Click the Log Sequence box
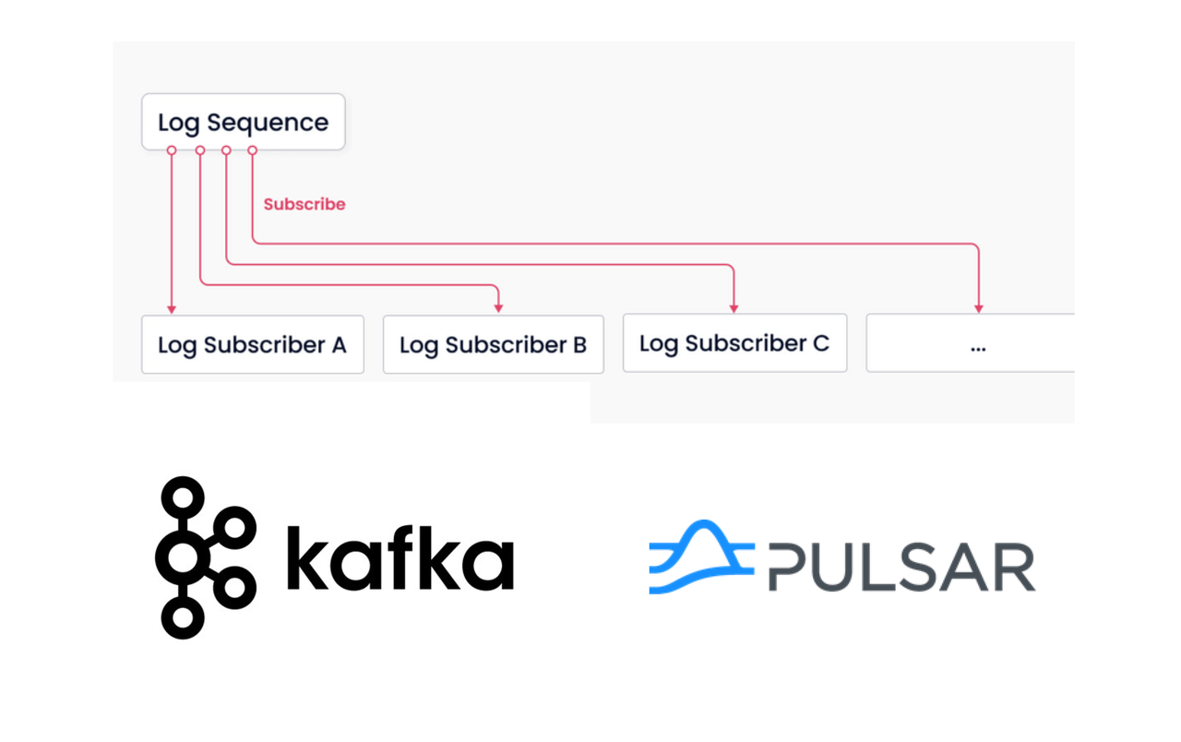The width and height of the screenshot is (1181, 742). [x=243, y=122]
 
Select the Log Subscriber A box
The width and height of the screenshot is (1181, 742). [x=253, y=344]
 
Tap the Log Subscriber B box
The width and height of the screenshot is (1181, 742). [x=494, y=344]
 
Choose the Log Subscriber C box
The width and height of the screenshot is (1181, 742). [x=735, y=342]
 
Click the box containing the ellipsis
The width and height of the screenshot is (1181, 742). [x=970, y=342]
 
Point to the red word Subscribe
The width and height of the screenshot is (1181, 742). [x=304, y=204]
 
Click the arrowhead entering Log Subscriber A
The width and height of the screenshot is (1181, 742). [x=172, y=309]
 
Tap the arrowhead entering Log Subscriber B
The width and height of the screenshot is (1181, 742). [x=498, y=308]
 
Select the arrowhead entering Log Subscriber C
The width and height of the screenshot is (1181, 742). [x=734, y=308]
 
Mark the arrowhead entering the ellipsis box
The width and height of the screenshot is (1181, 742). [x=979, y=308]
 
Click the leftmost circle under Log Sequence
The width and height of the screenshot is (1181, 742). [x=172, y=150]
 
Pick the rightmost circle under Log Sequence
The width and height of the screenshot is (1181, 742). [x=253, y=150]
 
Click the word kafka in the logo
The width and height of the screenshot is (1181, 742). [x=400, y=557]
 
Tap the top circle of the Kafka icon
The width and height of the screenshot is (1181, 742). [x=183, y=497]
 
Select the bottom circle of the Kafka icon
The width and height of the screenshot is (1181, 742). [x=183, y=617]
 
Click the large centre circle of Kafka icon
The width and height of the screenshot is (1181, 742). [x=183, y=557]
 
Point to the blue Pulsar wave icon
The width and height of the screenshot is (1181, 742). [x=701, y=556]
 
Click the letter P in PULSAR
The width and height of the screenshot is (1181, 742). [x=790, y=567]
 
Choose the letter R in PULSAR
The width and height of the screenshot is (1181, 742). [x=1014, y=567]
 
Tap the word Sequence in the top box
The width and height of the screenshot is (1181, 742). [x=268, y=123]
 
